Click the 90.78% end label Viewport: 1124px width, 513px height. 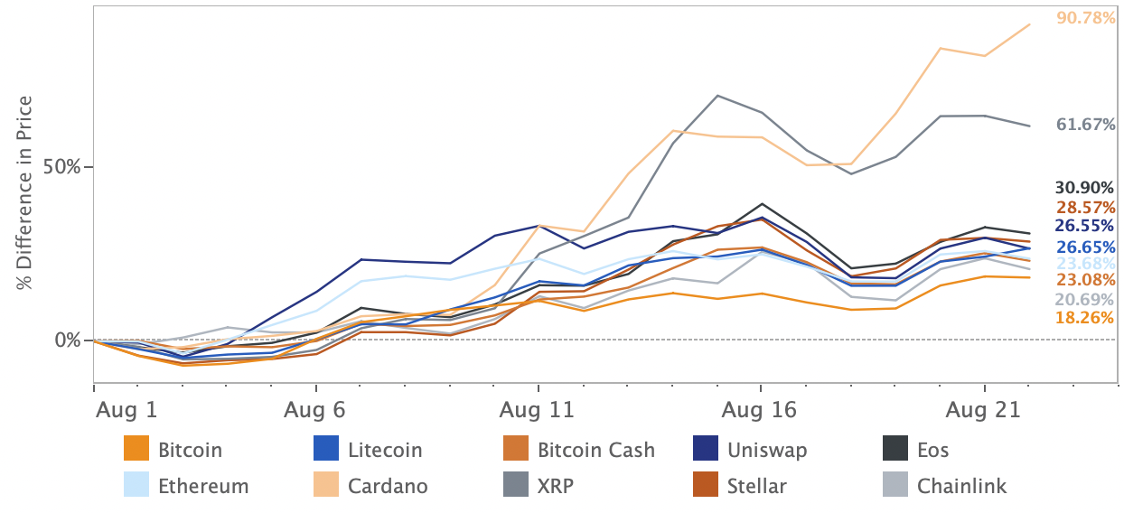[x=1085, y=17]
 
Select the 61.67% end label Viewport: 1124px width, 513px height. [x=1085, y=126]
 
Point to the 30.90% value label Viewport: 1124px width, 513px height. [x=1085, y=188]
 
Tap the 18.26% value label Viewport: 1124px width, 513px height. [x=1085, y=318]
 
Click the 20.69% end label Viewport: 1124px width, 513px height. [x=1085, y=300]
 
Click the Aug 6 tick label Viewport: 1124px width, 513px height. [x=314, y=410]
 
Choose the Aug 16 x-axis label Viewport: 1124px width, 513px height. [x=760, y=410]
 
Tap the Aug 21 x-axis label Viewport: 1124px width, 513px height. [x=982, y=410]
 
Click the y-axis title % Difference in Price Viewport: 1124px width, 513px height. [x=25, y=193]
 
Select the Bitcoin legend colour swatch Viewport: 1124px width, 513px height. [x=136, y=449]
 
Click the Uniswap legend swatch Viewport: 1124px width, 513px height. [x=705, y=449]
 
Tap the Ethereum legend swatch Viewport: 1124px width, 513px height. [x=136, y=486]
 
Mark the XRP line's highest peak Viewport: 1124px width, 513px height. [x=717, y=95]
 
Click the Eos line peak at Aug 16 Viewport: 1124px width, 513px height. [x=761, y=204]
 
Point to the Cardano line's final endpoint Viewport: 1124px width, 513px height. [x=1031, y=24]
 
